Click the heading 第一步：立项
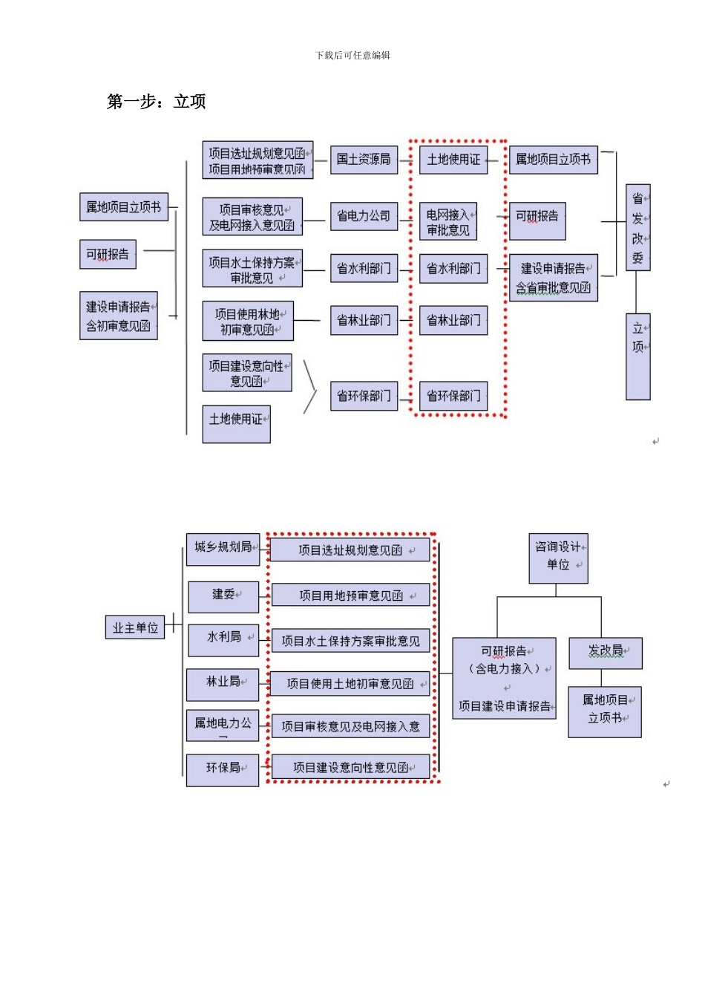point(156,102)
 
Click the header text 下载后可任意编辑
point(352,55)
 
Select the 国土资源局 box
point(364,159)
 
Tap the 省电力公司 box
point(364,216)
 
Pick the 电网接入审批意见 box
point(448,222)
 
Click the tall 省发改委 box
point(637,227)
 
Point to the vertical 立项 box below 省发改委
point(637,356)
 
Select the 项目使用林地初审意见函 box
point(248,322)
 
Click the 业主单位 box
point(135,627)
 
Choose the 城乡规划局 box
point(223,549)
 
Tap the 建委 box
point(223,596)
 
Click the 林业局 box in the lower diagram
point(223,683)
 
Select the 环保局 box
point(223,769)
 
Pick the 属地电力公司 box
point(223,725)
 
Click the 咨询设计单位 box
point(558,557)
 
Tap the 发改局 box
point(605,653)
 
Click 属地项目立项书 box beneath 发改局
point(605,711)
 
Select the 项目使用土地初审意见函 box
point(350,684)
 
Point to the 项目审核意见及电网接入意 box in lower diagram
point(350,726)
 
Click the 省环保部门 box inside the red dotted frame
point(453,396)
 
